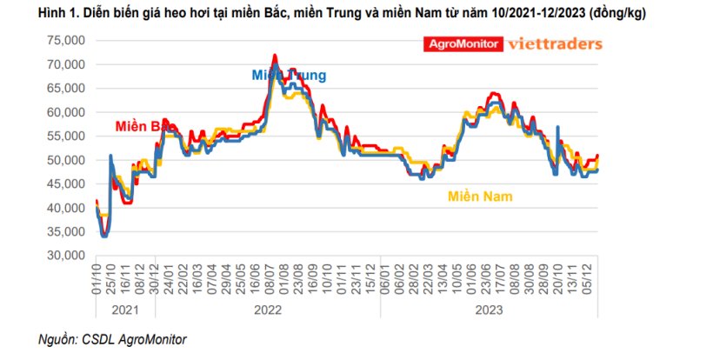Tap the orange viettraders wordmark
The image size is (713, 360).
pyautogui.click(x=554, y=43)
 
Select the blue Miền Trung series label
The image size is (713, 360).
pyautogui.click(x=289, y=76)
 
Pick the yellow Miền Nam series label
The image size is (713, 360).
pyautogui.click(x=479, y=197)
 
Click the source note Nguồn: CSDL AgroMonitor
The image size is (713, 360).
pyautogui.click(x=112, y=339)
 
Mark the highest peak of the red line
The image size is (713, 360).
pyautogui.click(x=275, y=55)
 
